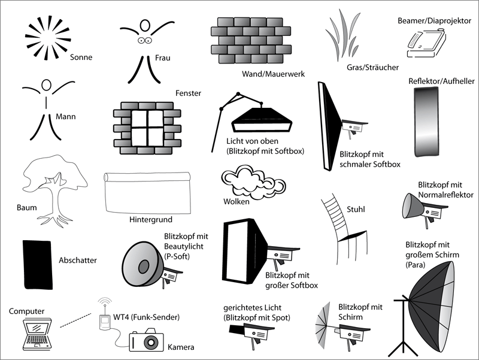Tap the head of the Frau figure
point(144,26)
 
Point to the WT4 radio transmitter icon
point(104,322)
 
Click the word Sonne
point(81,58)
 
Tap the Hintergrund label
point(150,220)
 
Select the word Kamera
point(181,347)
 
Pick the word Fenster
point(188,93)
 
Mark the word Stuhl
point(356,210)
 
